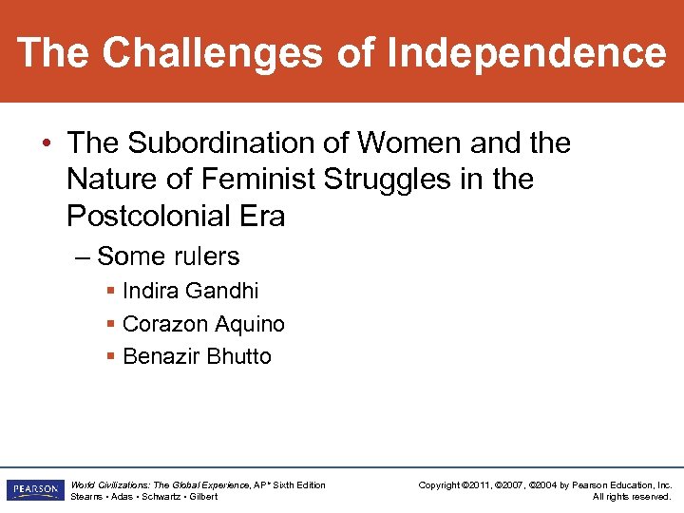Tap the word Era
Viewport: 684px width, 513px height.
pyautogui.click(x=263, y=216)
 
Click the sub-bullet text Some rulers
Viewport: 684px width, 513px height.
pyautogui.click(x=168, y=256)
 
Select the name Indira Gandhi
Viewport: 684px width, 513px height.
pyautogui.click(x=190, y=291)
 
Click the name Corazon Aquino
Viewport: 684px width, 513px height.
pyautogui.click(x=203, y=324)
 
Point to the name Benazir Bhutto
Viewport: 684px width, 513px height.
pyautogui.click(x=197, y=356)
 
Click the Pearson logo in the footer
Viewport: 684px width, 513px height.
pyautogui.click(x=34, y=490)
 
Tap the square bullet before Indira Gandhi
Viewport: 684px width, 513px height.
pyautogui.click(x=112, y=290)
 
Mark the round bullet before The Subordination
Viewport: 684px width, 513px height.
pyautogui.click(x=47, y=143)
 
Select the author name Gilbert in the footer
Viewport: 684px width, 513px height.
pyautogui.click(x=202, y=497)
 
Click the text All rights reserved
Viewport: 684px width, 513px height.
pyautogui.click(x=632, y=497)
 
